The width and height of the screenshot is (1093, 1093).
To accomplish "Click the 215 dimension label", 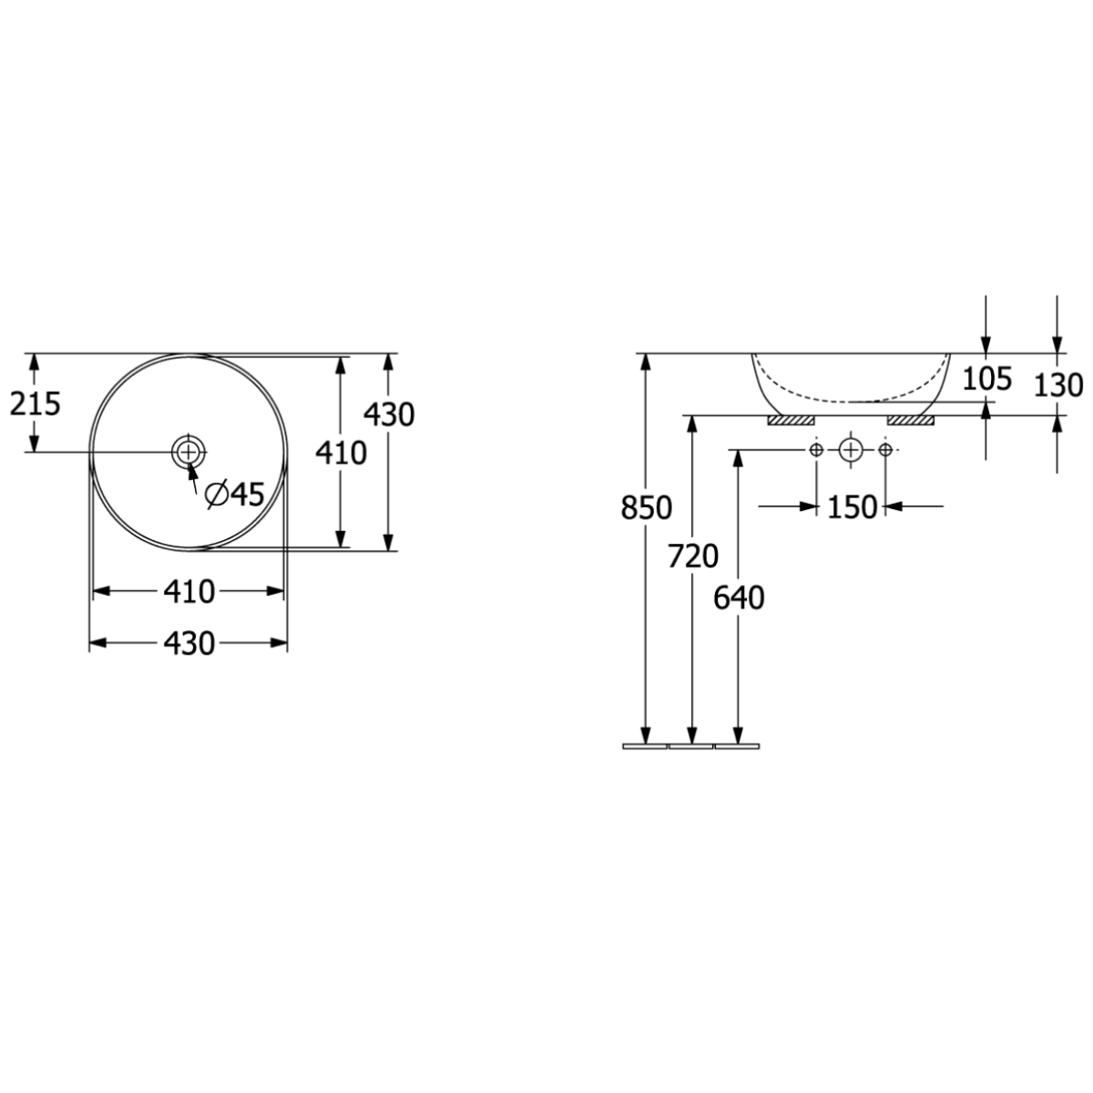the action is click(x=36, y=404).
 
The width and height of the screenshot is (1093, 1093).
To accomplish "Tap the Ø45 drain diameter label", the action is click(x=235, y=495).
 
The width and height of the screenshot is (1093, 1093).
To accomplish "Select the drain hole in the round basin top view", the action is click(x=188, y=452).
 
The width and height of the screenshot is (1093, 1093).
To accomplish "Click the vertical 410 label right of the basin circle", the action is click(x=341, y=453).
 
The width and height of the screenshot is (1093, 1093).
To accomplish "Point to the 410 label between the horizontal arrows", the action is click(x=189, y=592).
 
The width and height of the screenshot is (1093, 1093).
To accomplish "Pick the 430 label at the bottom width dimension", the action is click(x=189, y=643).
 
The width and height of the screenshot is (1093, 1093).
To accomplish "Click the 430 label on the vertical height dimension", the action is click(x=389, y=414).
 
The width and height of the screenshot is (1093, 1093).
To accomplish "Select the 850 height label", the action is click(x=646, y=507).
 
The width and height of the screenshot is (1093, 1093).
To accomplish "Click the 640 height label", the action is click(x=739, y=598).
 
